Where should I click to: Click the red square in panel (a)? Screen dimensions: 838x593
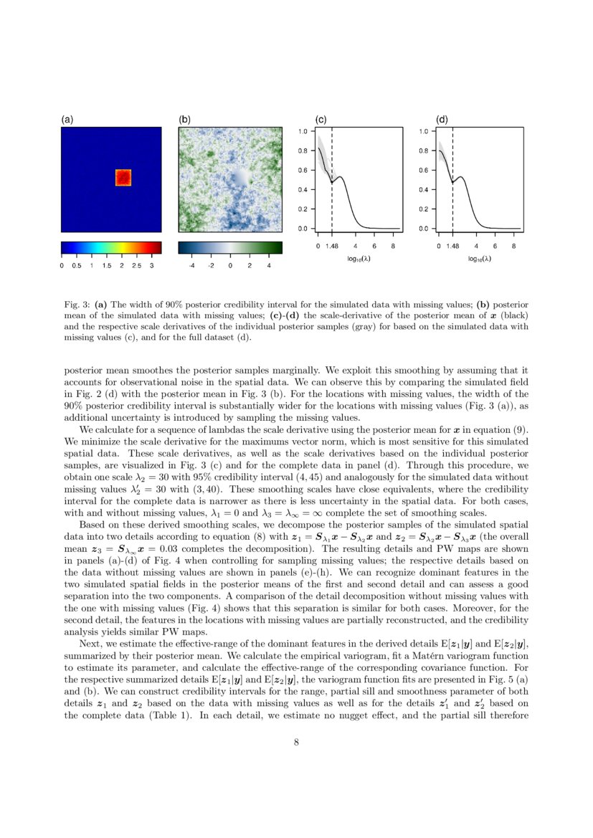123,178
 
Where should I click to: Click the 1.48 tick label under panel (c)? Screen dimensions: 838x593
332,247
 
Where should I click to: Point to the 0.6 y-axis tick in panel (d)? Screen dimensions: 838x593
423,171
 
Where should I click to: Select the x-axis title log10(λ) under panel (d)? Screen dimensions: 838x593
478,258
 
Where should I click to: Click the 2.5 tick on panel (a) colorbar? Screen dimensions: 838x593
136,266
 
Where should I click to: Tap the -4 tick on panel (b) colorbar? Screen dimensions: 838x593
191,266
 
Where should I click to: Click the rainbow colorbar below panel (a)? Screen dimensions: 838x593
111,248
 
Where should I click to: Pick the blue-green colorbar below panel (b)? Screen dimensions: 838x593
231,248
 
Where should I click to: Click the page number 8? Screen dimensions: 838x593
296,742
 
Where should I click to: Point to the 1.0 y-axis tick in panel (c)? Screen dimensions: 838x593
303,132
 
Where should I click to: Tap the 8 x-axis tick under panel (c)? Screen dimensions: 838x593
394,247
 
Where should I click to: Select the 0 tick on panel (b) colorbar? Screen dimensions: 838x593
230,266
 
